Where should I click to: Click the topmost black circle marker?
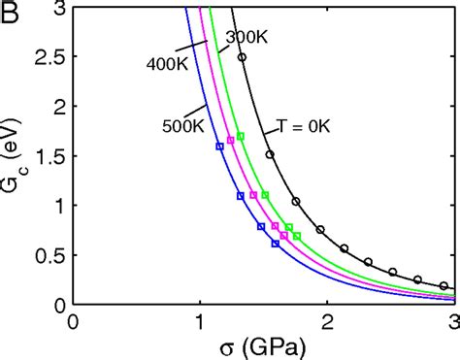pos(242,57)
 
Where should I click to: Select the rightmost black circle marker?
pos(444,286)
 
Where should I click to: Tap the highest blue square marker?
pos(219,147)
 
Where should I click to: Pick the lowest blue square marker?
pos(275,244)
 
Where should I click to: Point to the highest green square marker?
pos(241,136)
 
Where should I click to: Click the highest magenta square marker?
pos(230,141)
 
